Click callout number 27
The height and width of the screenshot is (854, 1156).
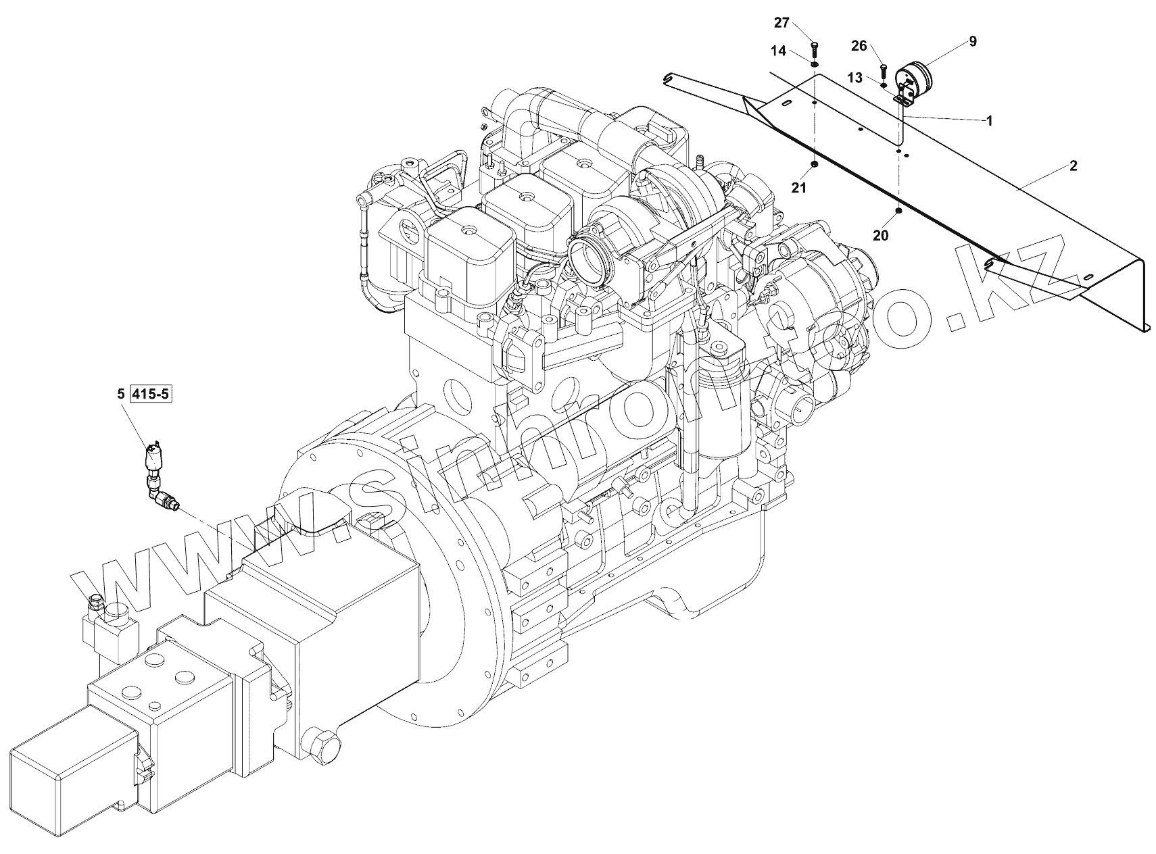click(x=781, y=23)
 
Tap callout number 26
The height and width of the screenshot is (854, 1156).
click(x=859, y=46)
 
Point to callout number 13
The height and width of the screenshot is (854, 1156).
click(x=855, y=78)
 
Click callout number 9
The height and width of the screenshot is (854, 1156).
click(x=973, y=41)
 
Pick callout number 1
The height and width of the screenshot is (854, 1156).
click(x=989, y=121)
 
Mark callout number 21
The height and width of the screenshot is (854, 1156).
click(x=800, y=189)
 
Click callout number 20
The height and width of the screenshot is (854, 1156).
click(x=880, y=235)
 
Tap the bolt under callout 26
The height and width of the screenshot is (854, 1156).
click(x=884, y=70)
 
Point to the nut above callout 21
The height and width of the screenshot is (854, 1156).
click(x=815, y=164)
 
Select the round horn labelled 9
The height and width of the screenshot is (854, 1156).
click(x=915, y=80)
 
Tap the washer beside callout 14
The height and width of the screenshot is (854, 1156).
click(x=815, y=65)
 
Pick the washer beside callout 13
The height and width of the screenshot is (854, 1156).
click(x=884, y=86)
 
